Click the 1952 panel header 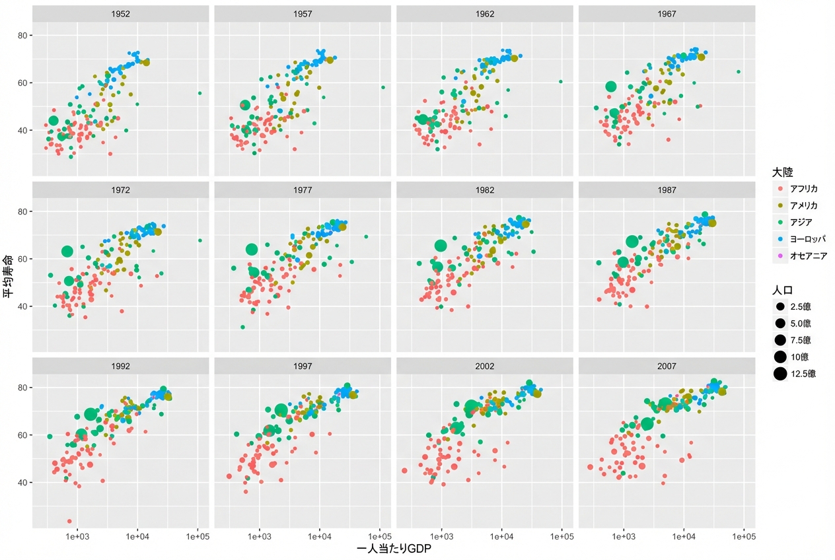120,14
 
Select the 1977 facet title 303,190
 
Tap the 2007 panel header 667,367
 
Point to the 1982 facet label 485,190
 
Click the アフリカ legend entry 798,189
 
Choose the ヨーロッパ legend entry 801,239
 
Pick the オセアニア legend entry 802,256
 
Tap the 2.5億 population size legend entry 793,306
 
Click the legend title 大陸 782,172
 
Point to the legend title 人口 782,290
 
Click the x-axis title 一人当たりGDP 394,549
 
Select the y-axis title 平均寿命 8,276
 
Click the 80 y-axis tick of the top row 22,36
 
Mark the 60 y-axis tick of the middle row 22,259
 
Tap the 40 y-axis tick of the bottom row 22,483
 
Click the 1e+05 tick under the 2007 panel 744,536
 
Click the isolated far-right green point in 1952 200,93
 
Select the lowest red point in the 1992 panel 69,521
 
